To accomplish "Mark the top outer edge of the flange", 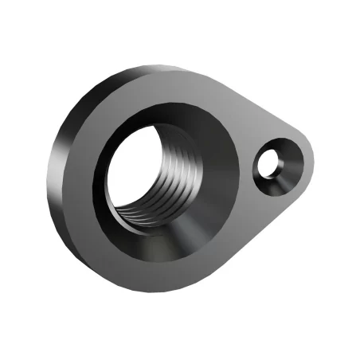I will click(159, 69).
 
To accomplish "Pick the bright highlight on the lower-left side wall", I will click(72, 231).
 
